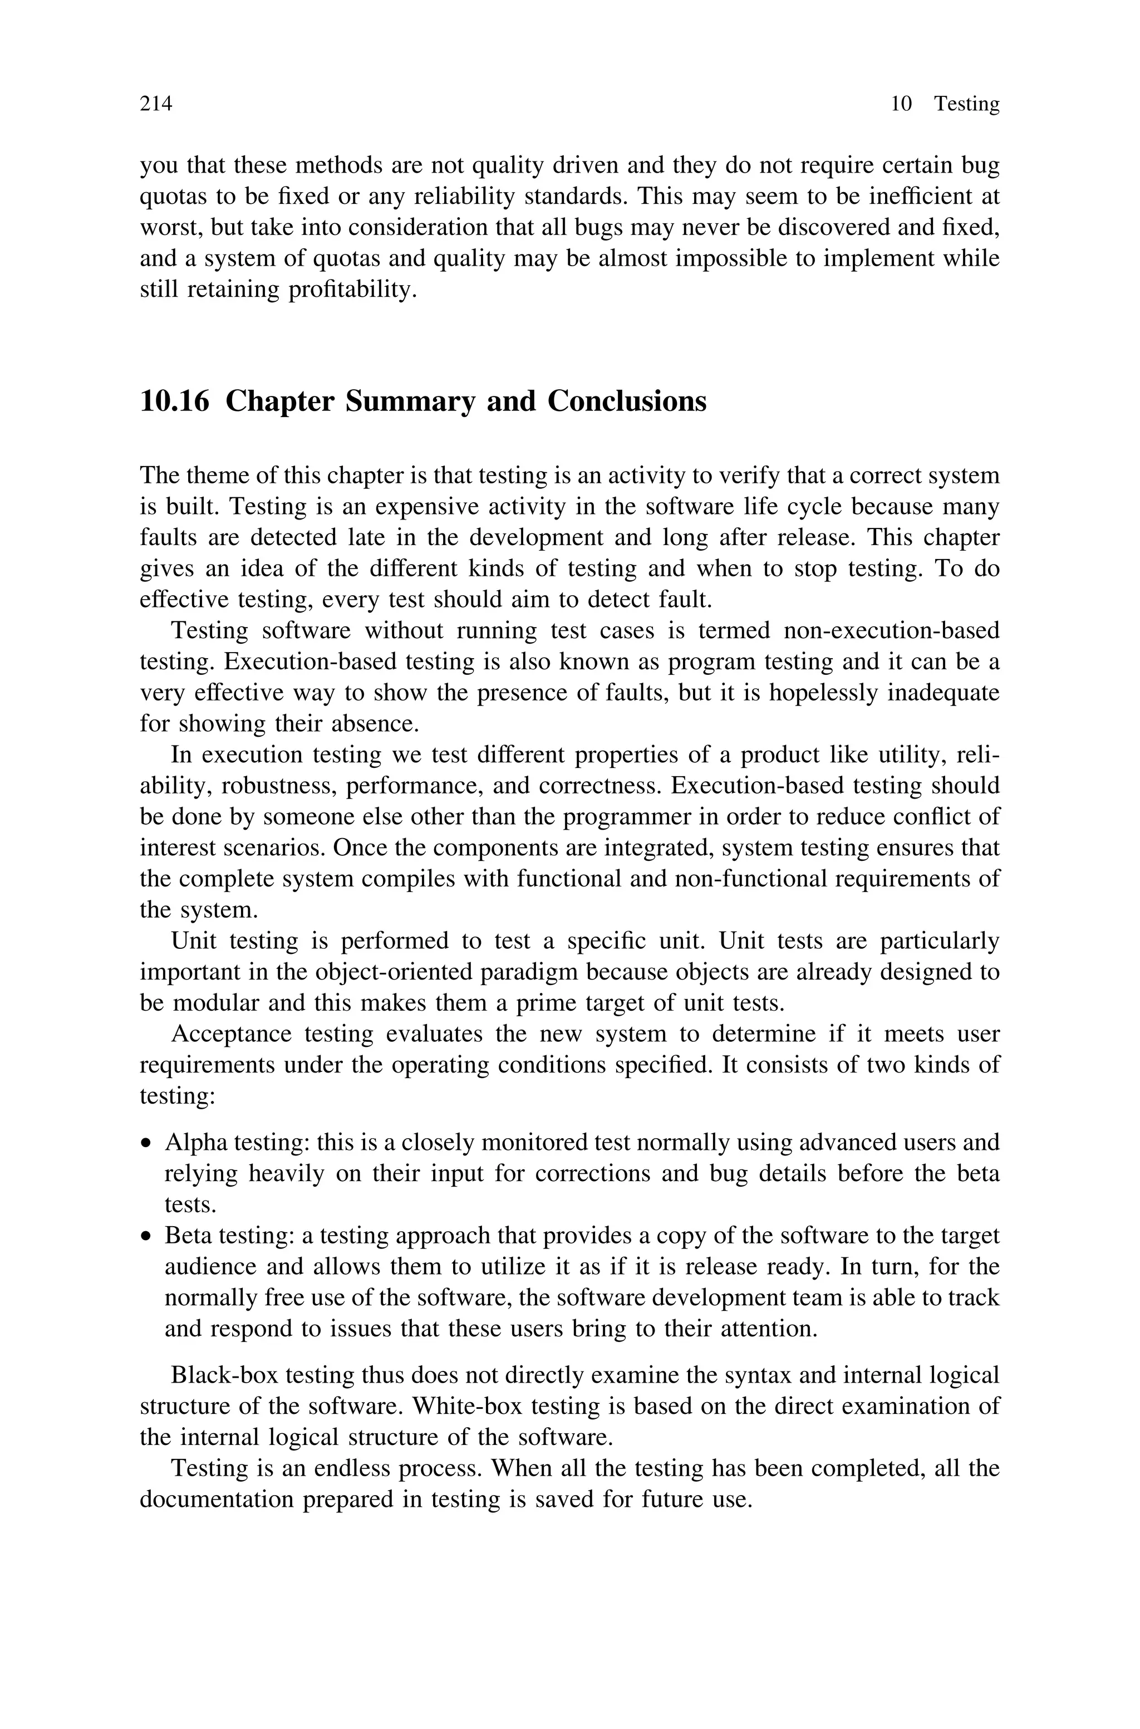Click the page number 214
pos(156,104)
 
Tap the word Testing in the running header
pos(966,104)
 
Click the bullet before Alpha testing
pos(147,1144)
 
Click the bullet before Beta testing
pos(147,1237)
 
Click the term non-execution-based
pos(891,630)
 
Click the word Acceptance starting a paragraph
pos(230,1034)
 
